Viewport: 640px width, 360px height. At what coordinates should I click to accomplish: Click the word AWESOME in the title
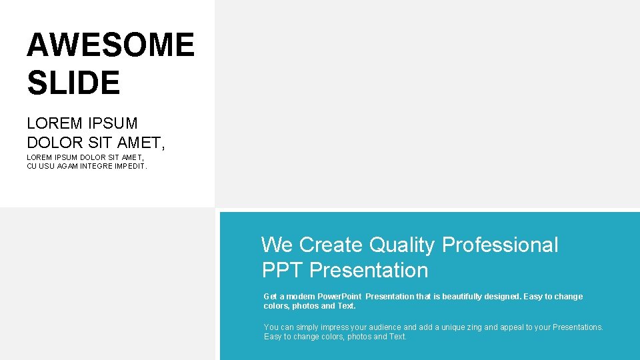[111, 45]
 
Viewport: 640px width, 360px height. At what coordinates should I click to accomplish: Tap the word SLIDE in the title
[73, 83]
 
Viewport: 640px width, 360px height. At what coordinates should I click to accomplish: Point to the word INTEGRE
[99, 166]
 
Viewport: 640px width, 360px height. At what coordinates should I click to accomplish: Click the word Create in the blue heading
[331, 245]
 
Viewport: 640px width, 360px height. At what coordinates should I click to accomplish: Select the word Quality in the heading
[403, 245]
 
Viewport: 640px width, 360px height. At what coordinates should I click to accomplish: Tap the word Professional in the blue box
[500, 245]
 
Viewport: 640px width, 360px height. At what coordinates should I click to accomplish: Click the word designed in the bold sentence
[505, 297]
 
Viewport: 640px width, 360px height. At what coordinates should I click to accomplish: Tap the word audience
[384, 327]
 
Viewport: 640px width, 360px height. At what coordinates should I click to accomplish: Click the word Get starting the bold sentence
[271, 297]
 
